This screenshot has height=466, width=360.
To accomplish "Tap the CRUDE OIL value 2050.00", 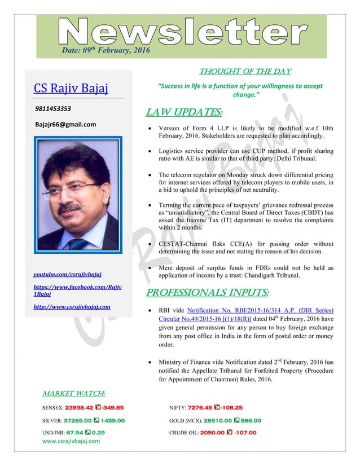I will click(x=219, y=433).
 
